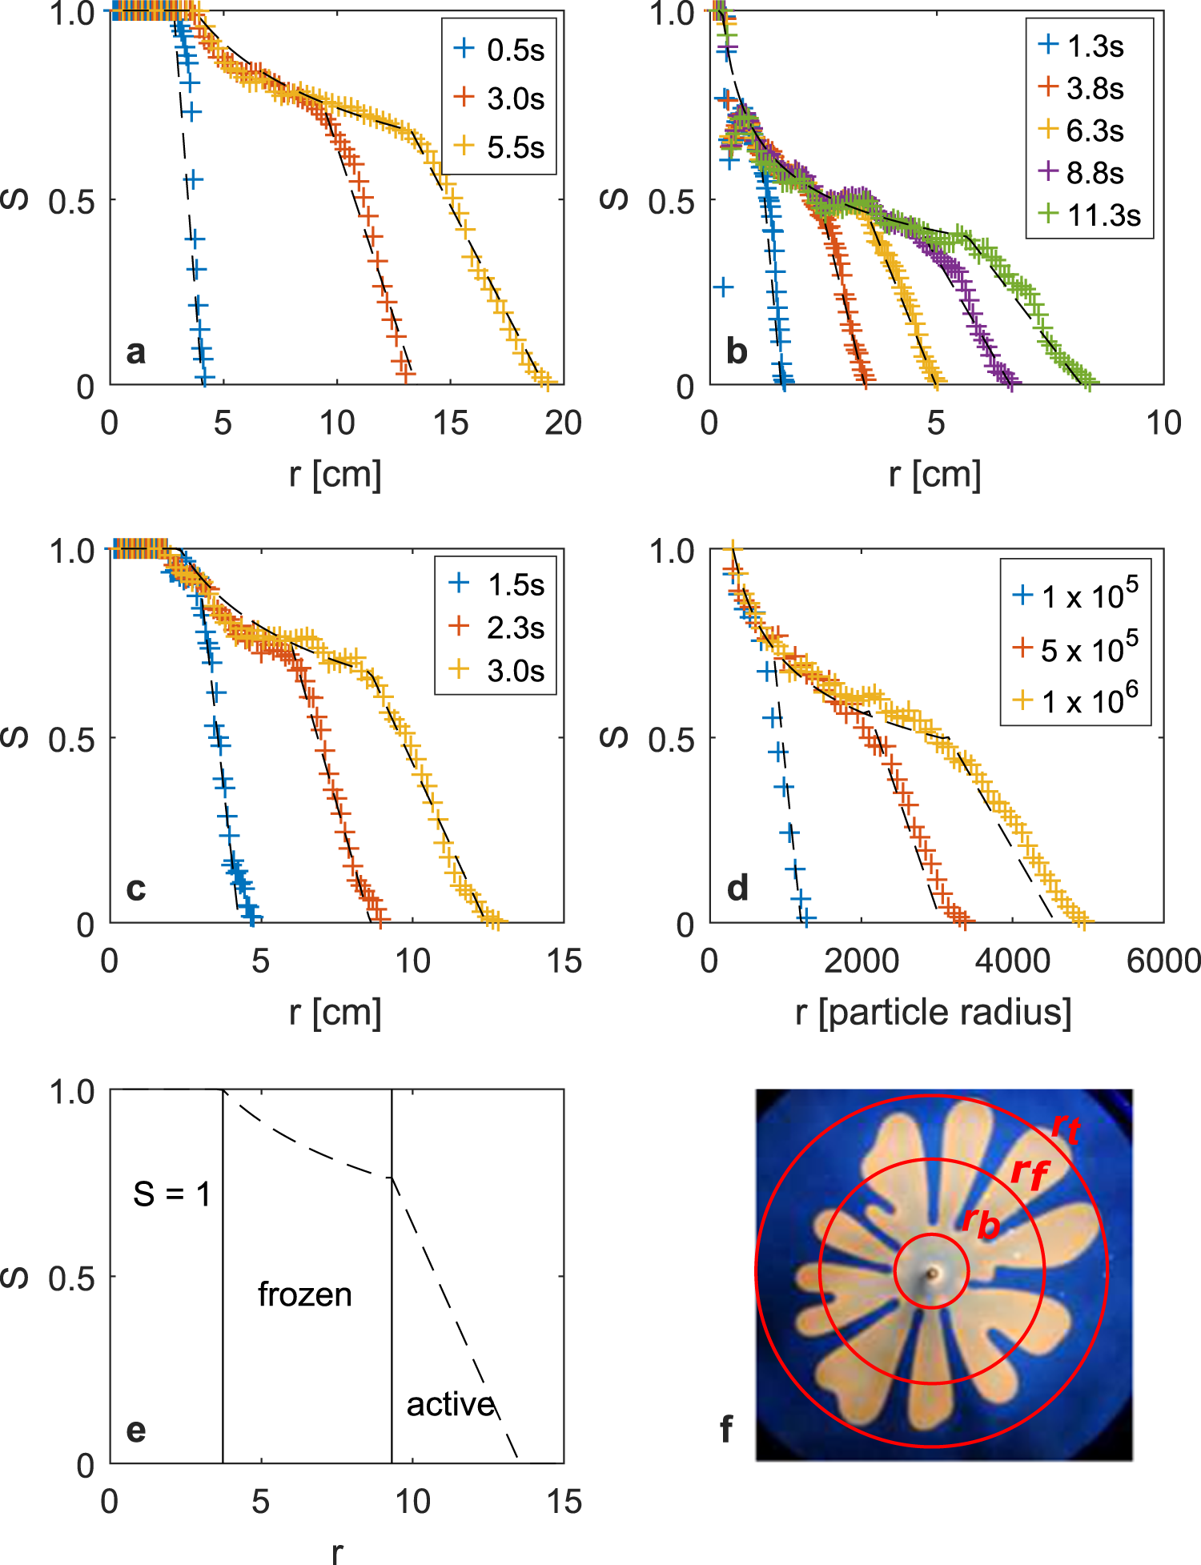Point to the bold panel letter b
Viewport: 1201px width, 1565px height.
[737, 351]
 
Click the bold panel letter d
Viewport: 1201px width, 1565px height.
[737, 888]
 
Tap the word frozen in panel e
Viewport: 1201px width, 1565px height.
[304, 1294]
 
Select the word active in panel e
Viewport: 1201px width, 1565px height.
[450, 1404]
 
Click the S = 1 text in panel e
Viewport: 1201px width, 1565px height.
[171, 1194]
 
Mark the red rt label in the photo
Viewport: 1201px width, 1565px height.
[1066, 1128]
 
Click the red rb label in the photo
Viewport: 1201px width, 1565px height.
[980, 1222]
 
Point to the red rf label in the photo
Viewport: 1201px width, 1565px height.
[1029, 1173]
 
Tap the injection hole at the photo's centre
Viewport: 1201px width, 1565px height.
[932, 1273]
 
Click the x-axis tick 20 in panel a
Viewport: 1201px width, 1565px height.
[563, 423]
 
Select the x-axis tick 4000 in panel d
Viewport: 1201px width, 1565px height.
[1012, 961]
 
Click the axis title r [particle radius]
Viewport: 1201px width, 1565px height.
[933, 1012]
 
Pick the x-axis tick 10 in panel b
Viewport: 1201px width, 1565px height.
[1163, 423]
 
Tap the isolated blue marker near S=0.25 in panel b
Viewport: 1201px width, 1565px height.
[723, 287]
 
